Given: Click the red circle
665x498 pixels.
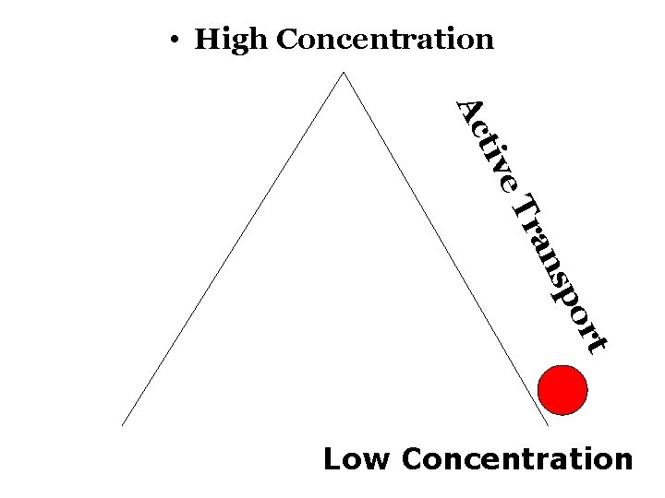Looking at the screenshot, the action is click(562, 389).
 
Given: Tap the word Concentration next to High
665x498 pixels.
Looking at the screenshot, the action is click(384, 40).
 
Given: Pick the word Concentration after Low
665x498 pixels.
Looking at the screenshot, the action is click(518, 458).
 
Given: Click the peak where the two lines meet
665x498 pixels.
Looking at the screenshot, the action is click(344, 73).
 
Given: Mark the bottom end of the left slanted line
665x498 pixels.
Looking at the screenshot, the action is click(123, 425).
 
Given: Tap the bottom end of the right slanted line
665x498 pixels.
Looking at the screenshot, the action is click(549, 425).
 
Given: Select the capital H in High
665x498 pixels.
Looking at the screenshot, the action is click(207, 40).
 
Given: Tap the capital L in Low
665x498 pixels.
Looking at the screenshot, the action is click(332, 458).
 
